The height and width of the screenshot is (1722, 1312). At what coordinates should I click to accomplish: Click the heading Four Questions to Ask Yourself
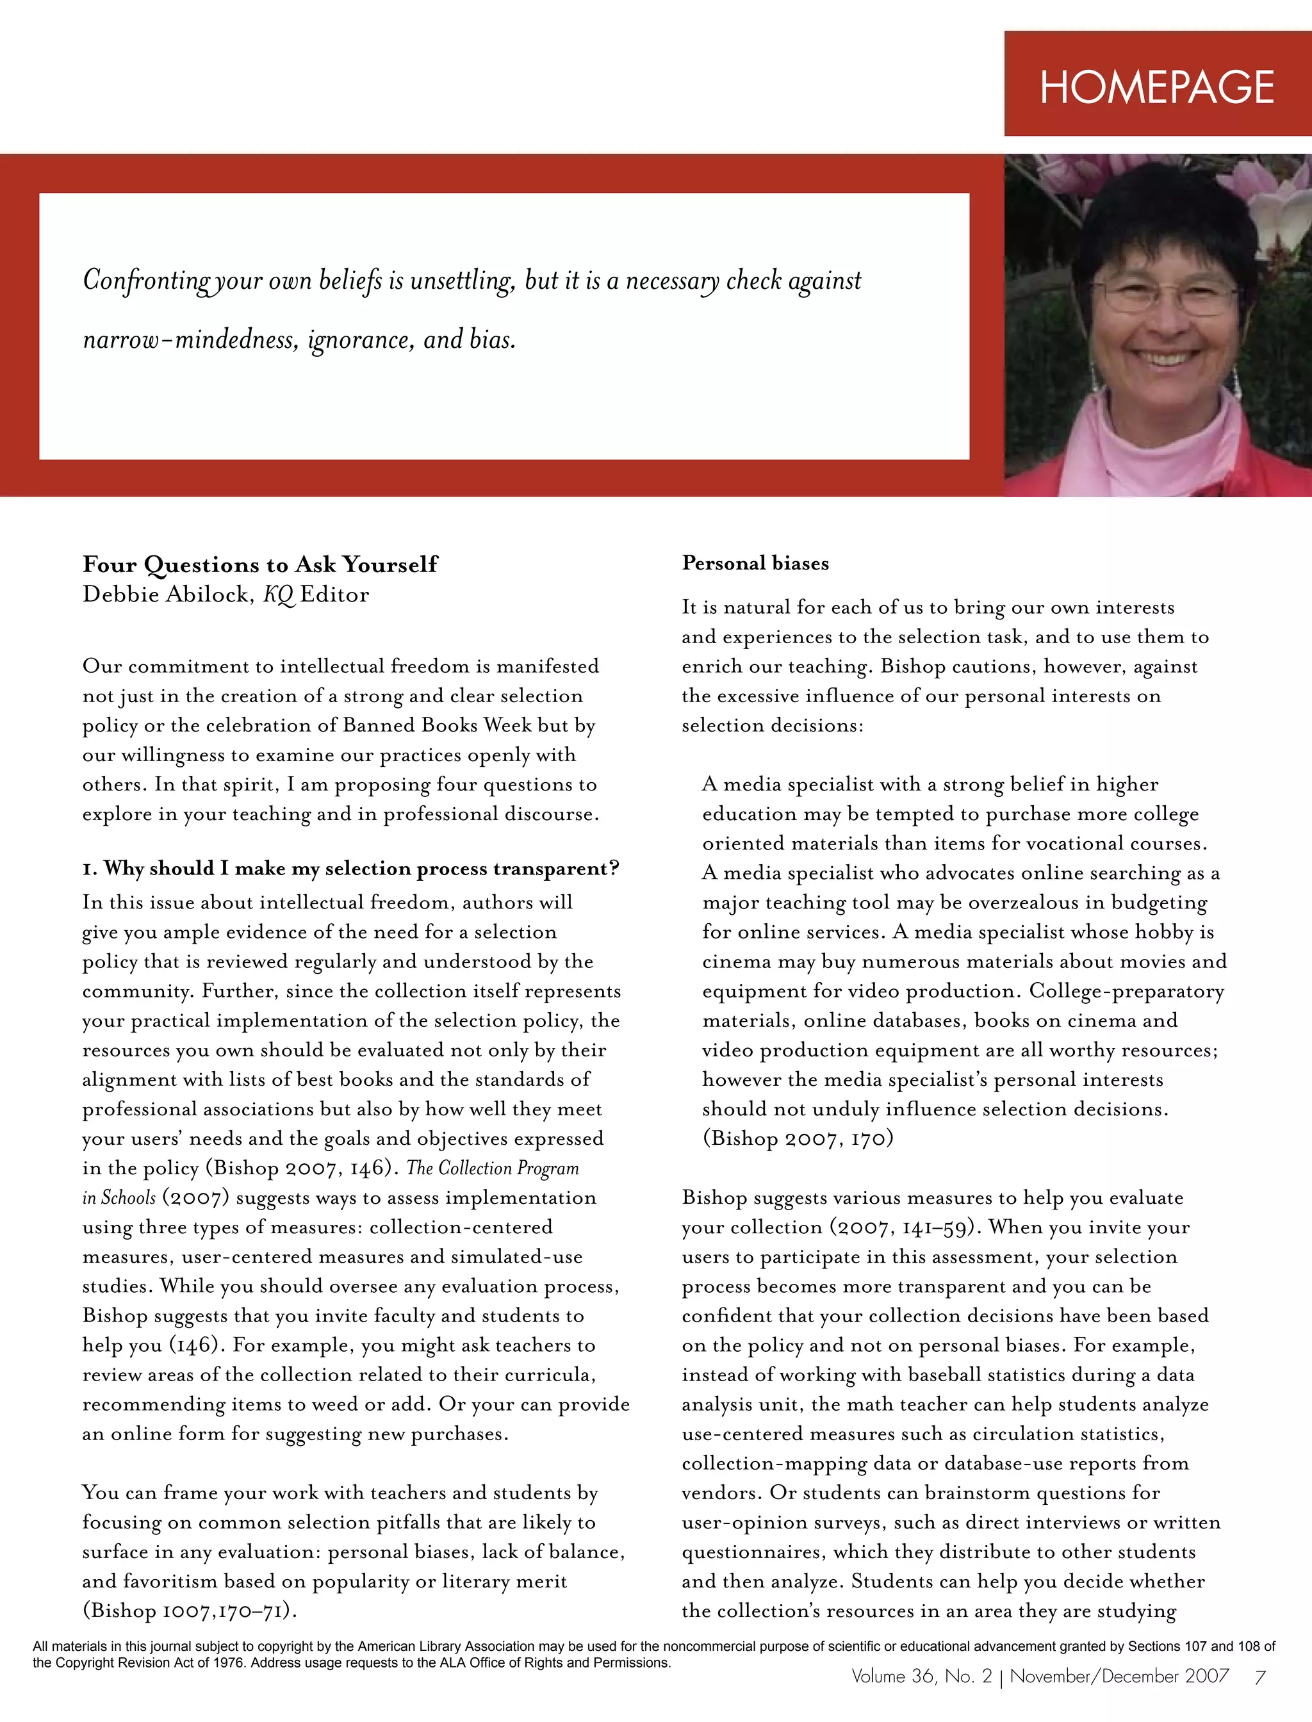(260, 564)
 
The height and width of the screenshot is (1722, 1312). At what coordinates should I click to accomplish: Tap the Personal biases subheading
(755, 563)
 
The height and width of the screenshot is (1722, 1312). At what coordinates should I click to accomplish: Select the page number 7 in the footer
(1259, 1677)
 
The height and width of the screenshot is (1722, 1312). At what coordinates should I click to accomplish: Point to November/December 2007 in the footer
(1119, 1676)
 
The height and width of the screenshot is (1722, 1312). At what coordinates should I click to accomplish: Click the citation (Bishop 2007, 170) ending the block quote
(798, 1138)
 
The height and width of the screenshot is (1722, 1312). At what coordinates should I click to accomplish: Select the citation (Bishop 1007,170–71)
(190, 1611)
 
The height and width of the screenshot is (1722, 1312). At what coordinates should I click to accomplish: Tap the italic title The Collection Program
(493, 1168)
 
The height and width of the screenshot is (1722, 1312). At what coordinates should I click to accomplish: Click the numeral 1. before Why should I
(90, 869)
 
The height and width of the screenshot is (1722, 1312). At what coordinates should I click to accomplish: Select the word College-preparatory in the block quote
(1126, 991)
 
